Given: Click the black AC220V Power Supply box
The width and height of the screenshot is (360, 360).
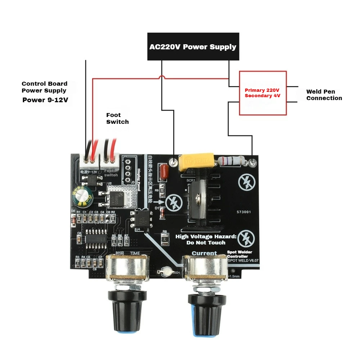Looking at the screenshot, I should point(193,46).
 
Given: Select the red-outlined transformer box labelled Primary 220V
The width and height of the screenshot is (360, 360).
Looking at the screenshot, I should point(263,93).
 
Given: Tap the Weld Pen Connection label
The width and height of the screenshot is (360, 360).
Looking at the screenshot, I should point(324,95).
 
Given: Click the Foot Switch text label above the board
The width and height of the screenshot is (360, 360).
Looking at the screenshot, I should point(117,118).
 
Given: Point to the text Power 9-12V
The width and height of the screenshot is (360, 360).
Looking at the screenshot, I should point(45,100).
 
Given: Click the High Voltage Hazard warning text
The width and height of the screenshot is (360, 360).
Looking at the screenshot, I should point(206,239).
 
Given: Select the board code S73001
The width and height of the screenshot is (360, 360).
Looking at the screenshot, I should point(244,213).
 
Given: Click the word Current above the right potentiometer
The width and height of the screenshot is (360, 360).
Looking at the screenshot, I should point(204,253).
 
